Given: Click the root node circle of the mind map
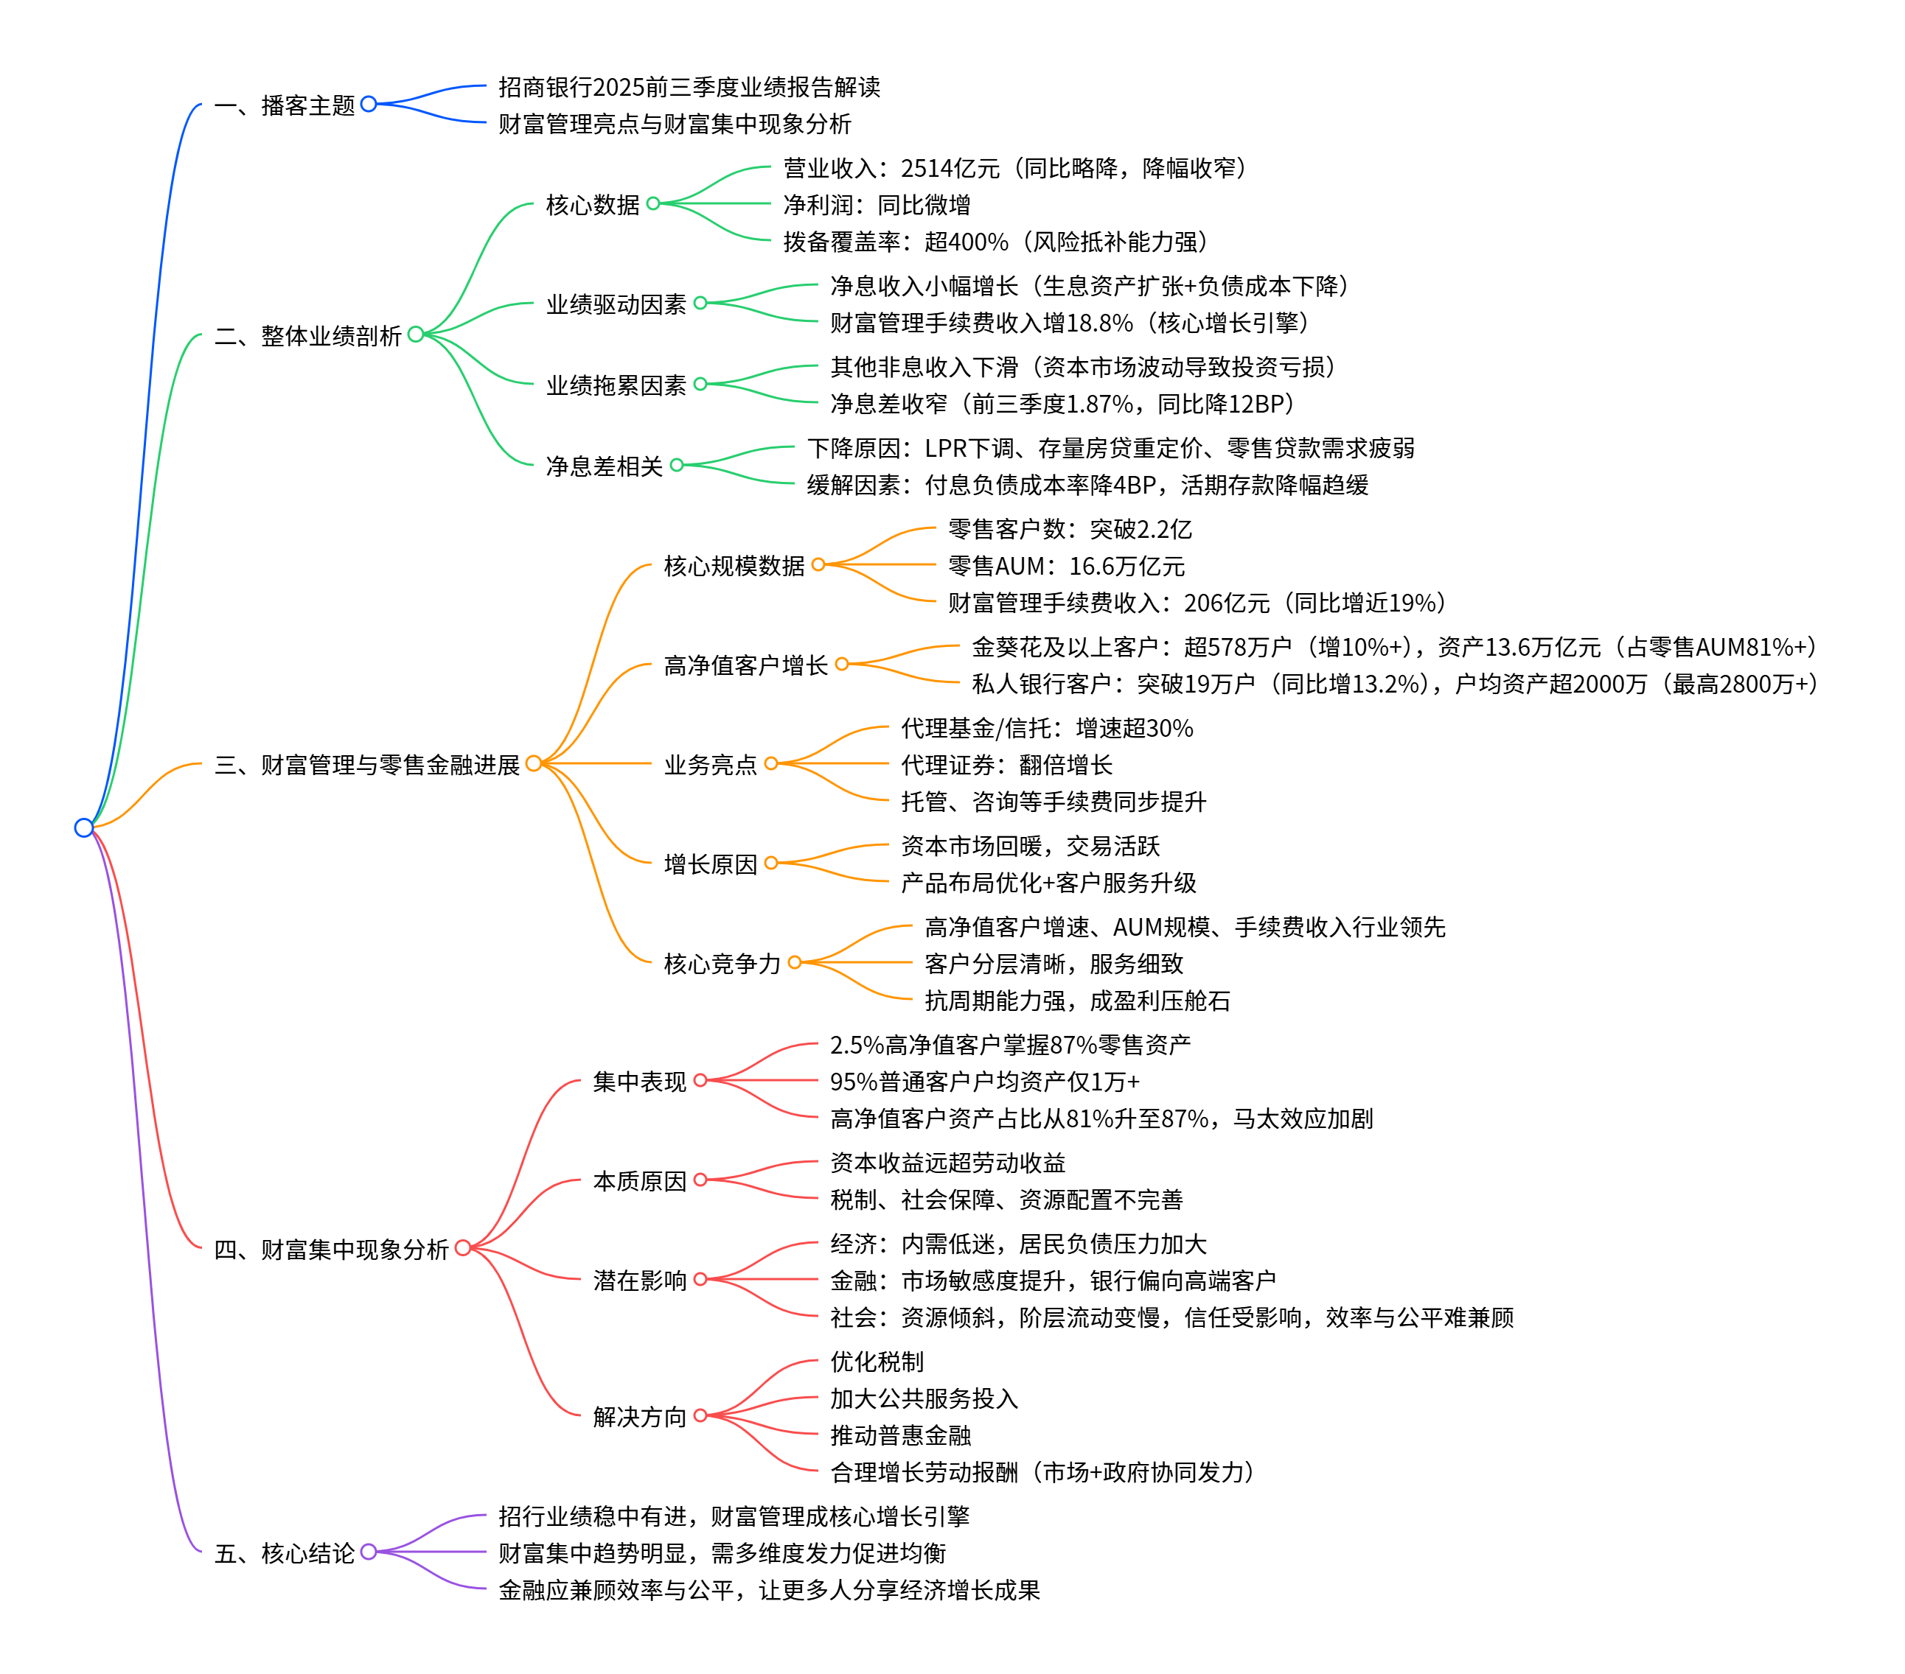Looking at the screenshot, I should coord(84,827).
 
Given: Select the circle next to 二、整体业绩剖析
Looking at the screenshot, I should coord(416,335).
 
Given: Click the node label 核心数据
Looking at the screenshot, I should coord(592,204).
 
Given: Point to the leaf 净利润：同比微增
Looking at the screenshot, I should coord(876,204).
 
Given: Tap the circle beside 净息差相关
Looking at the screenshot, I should coord(677,465).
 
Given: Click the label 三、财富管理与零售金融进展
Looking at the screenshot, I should coord(366,765).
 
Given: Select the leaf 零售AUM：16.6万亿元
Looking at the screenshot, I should coord(1065,565).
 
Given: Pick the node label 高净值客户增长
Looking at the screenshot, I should coord(745,665).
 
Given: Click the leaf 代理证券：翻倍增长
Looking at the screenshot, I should coord(1006,765).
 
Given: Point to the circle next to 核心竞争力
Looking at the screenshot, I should coord(794,962).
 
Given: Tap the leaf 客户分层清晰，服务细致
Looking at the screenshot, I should coord(1054,963).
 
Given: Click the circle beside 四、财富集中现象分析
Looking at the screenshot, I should coord(462,1247).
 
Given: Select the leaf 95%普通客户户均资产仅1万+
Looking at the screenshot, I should coord(984,1082).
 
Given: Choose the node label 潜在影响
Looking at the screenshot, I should coord(639,1280).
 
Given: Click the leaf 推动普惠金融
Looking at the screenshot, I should coord(900,1435).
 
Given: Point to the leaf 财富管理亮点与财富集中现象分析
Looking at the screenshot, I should coord(674,124).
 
